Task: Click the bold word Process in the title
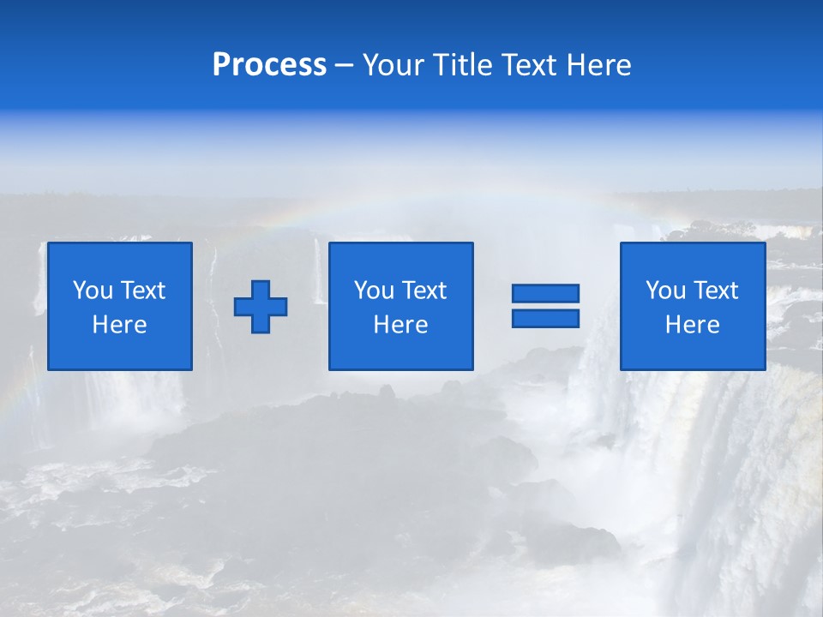coord(269,65)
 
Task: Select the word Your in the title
coord(391,65)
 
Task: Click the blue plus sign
coord(261,306)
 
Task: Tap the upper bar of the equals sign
coord(545,293)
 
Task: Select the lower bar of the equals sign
coord(545,318)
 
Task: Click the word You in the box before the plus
coord(93,291)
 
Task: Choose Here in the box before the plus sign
coord(119,325)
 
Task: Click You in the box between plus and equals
coord(374,291)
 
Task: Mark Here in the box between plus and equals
coord(400,325)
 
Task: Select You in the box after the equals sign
coord(665,291)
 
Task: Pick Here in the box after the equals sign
coord(692,325)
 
